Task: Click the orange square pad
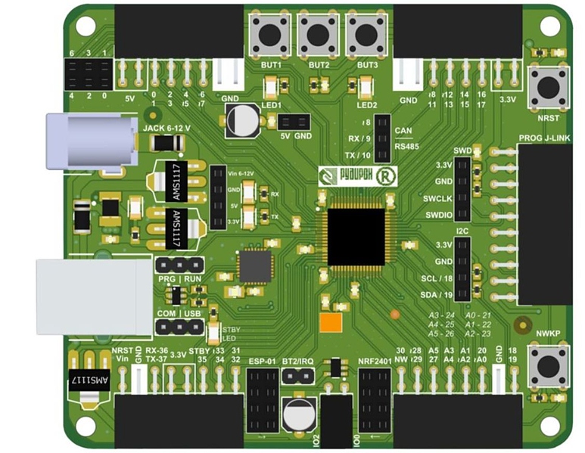(x=331, y=323)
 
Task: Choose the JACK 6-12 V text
(x=166, y=128)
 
